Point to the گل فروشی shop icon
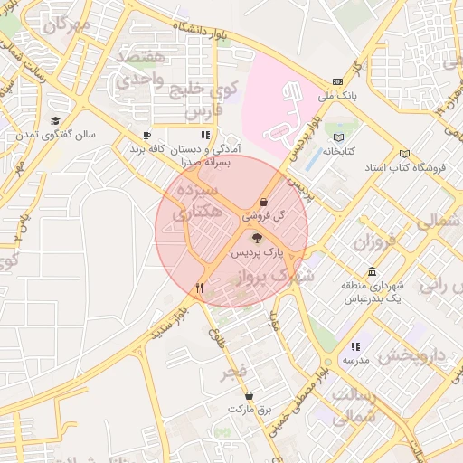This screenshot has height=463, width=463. (x=263, y=202)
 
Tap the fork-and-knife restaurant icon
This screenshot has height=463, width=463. (x=199, y=288)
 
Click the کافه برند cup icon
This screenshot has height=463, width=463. (x=146, y=136)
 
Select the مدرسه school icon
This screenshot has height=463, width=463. (x=355, y=346)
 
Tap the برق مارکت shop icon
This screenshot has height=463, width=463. (x=249, y=395)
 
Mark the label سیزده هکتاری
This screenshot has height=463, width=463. (x=195, y=203)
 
